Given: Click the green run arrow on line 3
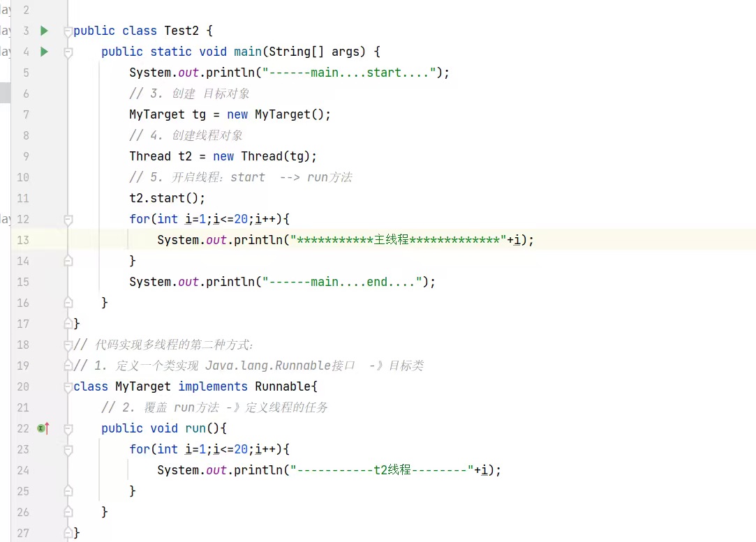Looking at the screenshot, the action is (44, 31).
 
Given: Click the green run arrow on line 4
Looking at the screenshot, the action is (44, 52).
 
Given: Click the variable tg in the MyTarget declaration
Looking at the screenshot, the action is (199, 114).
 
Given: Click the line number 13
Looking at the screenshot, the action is (23, 240).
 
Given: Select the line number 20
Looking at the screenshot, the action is (23, 386).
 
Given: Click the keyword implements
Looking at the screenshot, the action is (213, 386).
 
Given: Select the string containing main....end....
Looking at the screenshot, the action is (346, 282).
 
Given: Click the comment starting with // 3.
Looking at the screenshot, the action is (189, 93).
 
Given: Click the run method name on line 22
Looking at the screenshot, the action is (195, 428).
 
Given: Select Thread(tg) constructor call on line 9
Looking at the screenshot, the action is (279, 156).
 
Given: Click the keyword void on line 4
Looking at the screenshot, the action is (213, 52).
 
